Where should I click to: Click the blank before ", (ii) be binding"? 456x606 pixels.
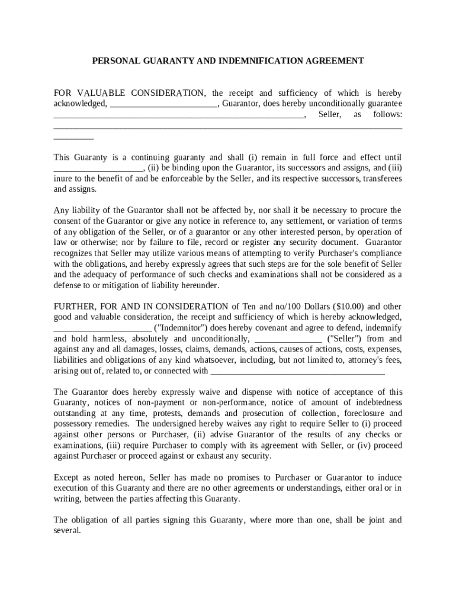98,167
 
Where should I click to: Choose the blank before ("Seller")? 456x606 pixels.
288,339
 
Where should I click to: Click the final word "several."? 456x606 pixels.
67,531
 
